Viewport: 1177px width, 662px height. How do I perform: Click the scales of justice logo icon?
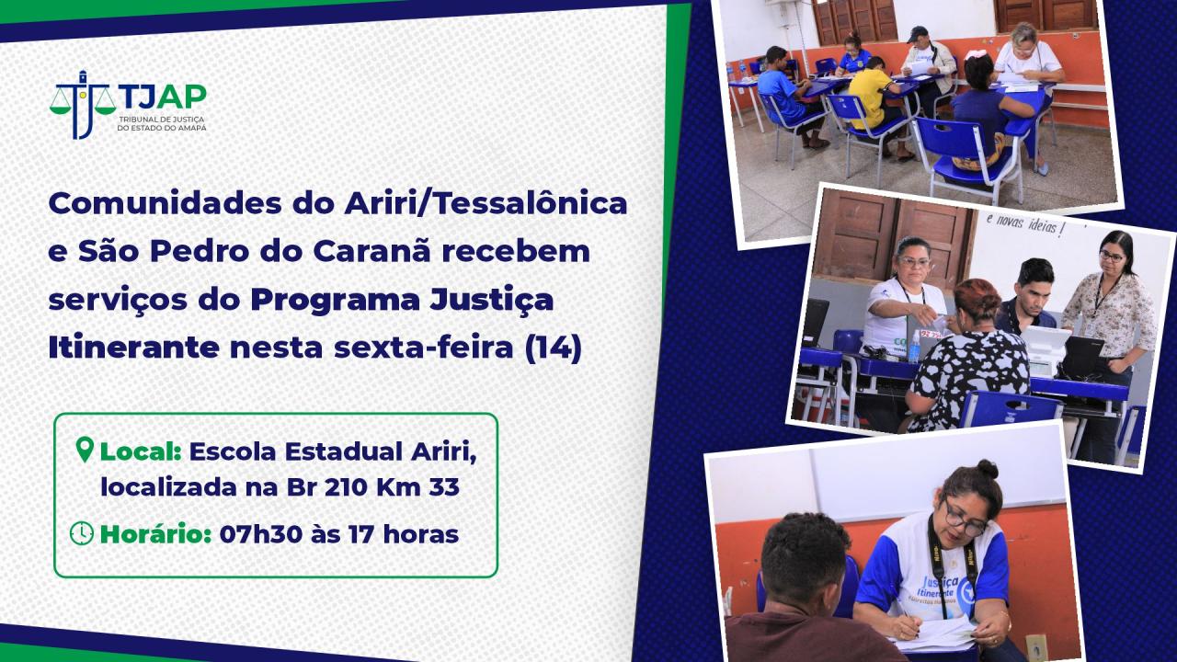pyautogui.click(x=82, y=104)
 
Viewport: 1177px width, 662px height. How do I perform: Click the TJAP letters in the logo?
pyautogui.click(x=163, y=97)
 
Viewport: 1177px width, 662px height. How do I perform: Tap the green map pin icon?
pyautogui.click(x=85, y=450)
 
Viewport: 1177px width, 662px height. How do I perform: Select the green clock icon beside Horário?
pyautogui.click(x=82, y=533)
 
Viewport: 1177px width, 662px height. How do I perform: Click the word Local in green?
pyautogui.click(x=141, y=451)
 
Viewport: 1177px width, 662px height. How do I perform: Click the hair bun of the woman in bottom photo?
pyautogui.click(x=987, y=469)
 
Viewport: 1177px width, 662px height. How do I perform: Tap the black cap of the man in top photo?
pyautogui.click(x=918, y=34)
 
